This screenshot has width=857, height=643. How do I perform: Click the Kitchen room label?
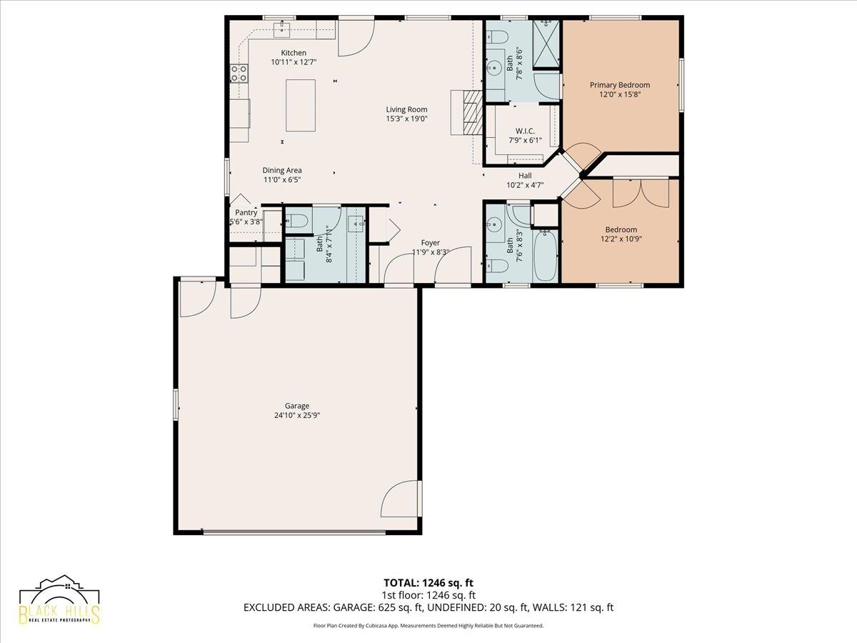point(294,53)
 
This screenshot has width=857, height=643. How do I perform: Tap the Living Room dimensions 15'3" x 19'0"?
point(407,119)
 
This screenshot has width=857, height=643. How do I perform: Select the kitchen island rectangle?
point(301,106)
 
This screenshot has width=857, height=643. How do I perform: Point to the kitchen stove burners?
point(239,74)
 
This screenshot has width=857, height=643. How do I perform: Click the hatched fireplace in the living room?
point(473,112)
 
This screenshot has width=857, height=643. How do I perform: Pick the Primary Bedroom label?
point(620,85)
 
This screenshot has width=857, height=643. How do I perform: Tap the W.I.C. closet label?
point(525,131)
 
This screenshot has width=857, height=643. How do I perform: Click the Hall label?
point(525,176)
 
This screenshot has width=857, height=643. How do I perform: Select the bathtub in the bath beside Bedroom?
point(546,256)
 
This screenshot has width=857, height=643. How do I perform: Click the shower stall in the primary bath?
point(546,44)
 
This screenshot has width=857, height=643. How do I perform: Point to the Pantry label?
point(246,212)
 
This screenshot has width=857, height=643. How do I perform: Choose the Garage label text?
point(296,406)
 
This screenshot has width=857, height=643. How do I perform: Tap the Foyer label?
point(430,243)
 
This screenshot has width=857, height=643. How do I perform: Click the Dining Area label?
point(282,170)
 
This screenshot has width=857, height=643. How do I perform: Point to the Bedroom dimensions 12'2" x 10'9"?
point(621,239)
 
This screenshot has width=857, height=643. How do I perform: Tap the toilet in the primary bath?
point(496,37)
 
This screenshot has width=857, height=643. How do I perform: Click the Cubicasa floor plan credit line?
point(428,625)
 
